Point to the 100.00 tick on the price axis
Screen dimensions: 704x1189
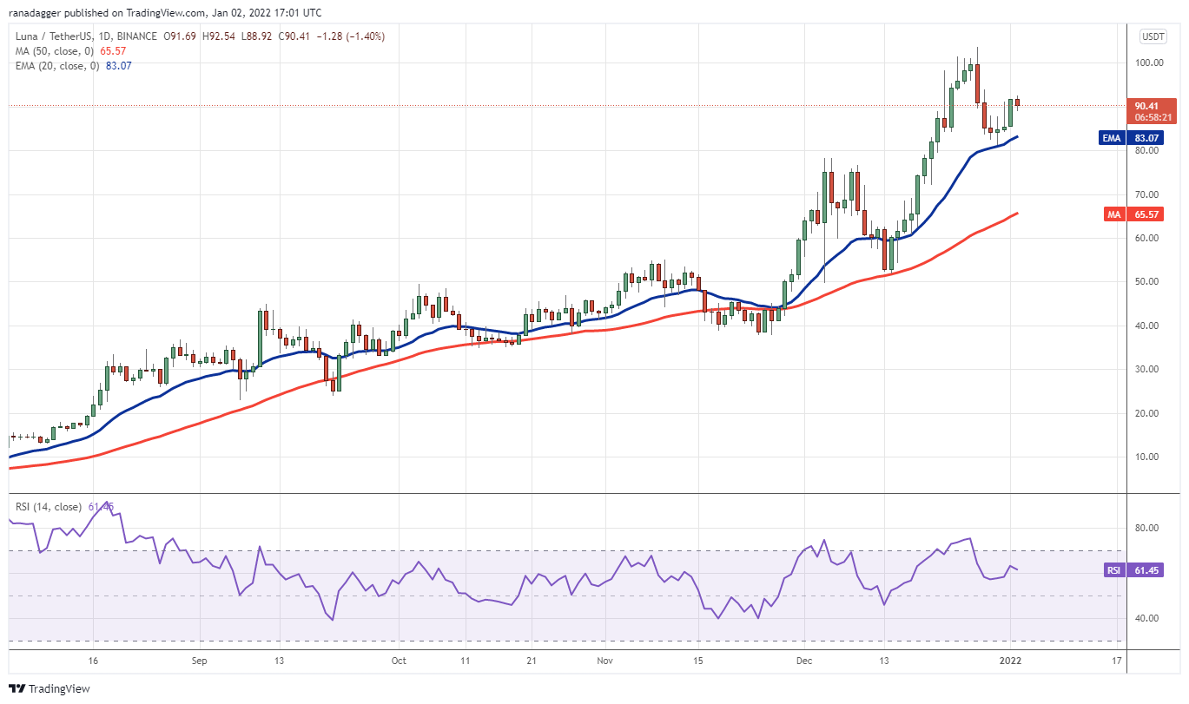(1153, 63)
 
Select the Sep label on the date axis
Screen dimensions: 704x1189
(199, 661)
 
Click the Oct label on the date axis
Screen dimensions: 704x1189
(399, 661)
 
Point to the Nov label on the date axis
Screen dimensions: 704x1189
(605, 661)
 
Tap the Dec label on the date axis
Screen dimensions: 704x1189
(804, 661)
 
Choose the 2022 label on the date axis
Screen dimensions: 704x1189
(1011, 661)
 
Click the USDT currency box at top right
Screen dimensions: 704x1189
(1153, 36)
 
